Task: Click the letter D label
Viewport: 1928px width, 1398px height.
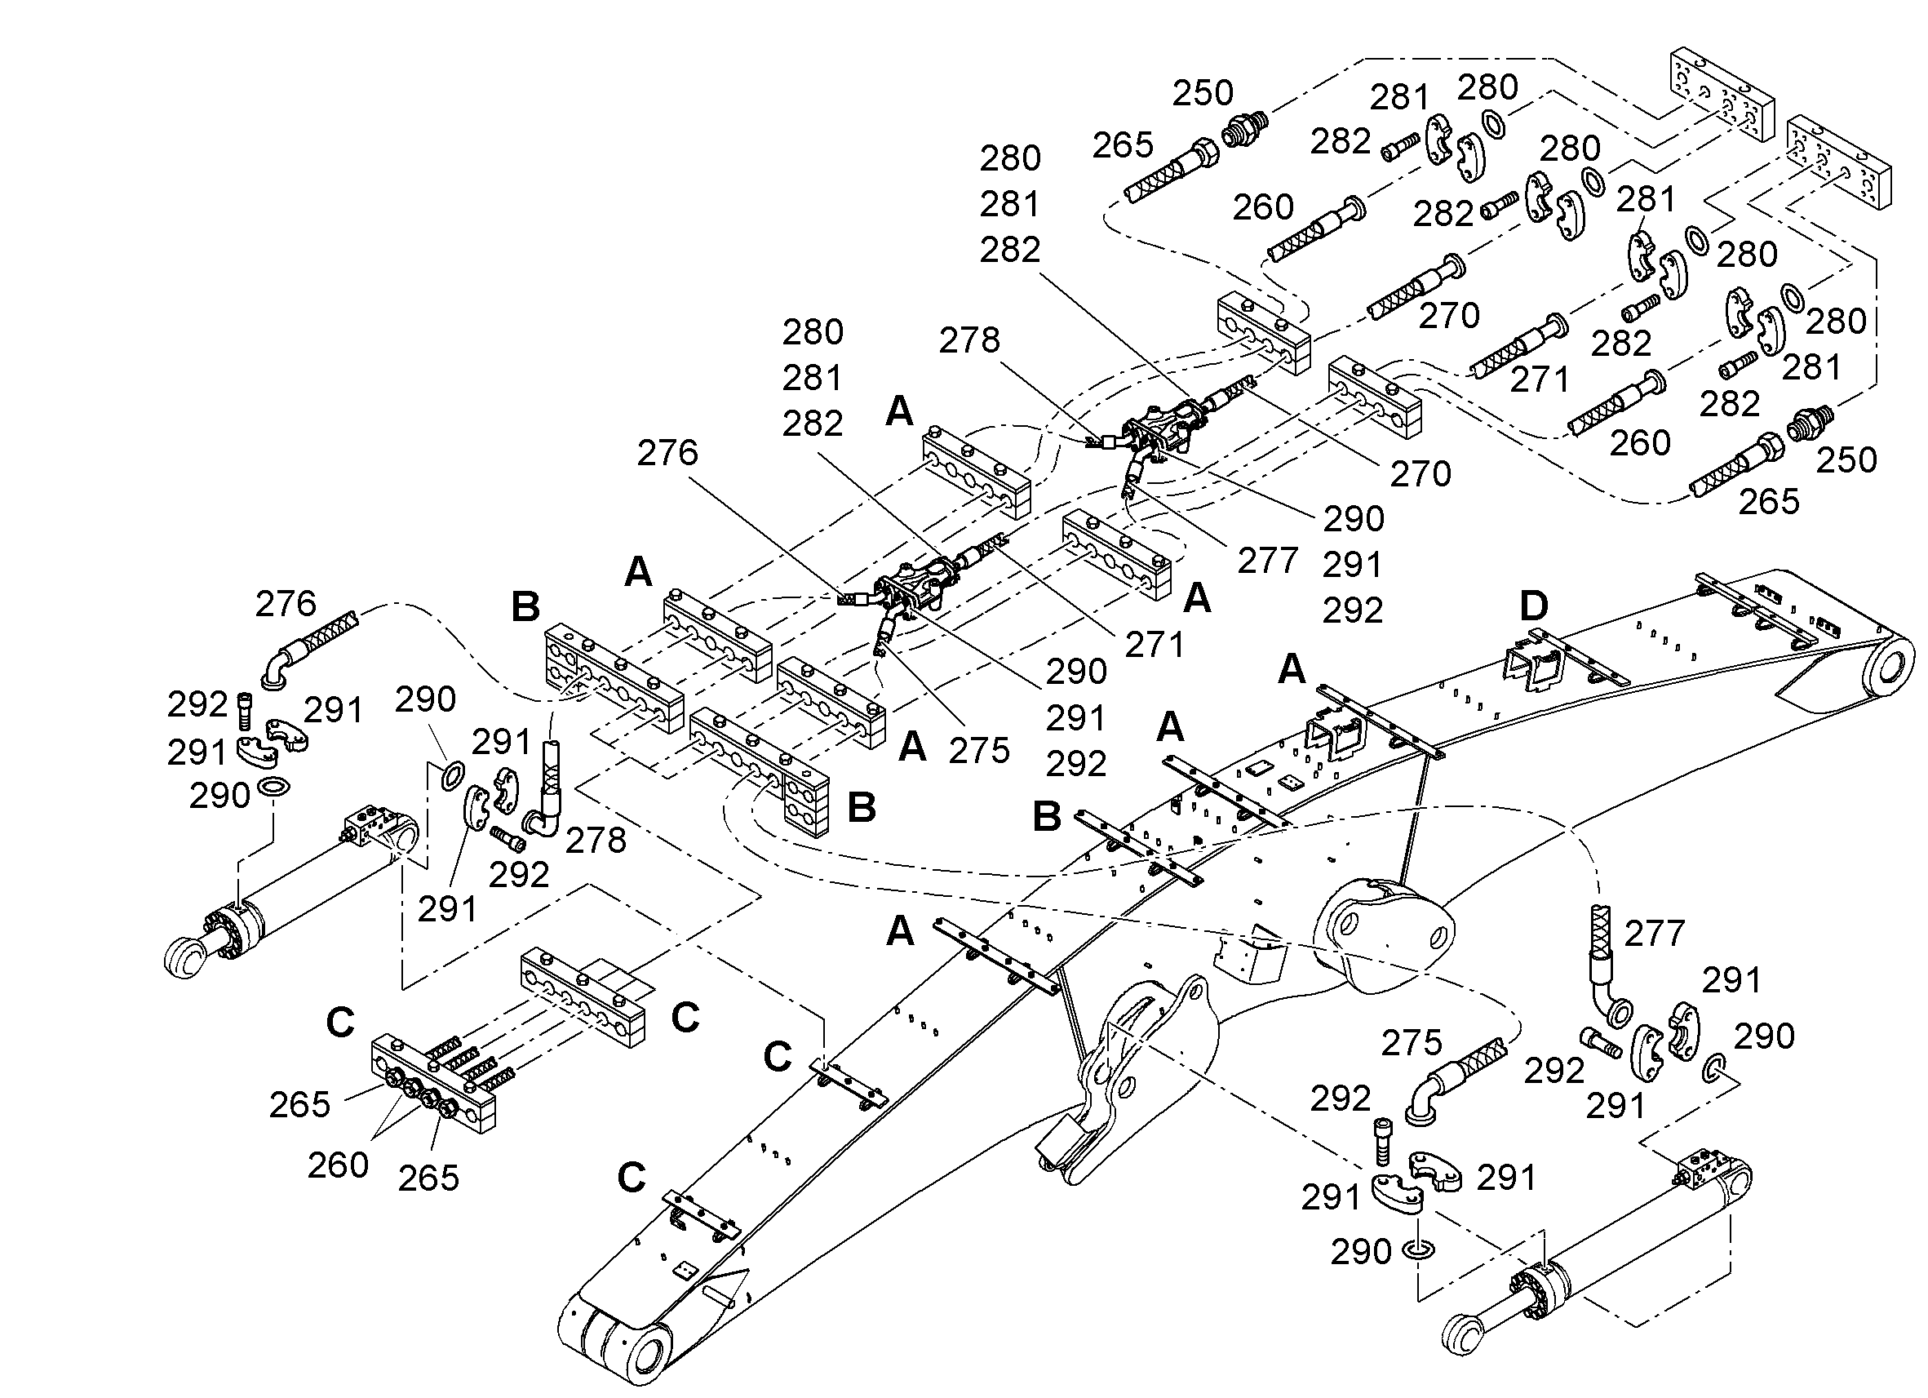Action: click(1534, 606)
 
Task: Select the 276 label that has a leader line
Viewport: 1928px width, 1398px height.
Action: click(667, 453)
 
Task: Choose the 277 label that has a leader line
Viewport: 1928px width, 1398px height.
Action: click(1267, 561)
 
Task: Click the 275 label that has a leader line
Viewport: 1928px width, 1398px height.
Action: click(979, 751)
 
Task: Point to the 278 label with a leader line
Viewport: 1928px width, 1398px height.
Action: click(969, 341)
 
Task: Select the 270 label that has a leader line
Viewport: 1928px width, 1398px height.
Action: click(1421, 473)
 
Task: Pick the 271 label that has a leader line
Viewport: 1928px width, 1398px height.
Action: click(1155, 646)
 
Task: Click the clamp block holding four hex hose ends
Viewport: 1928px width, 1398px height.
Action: click(432, 1085)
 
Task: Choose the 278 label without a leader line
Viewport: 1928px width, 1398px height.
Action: click(596, 841)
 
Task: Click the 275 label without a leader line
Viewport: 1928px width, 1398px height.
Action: click(1412, 1042)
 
